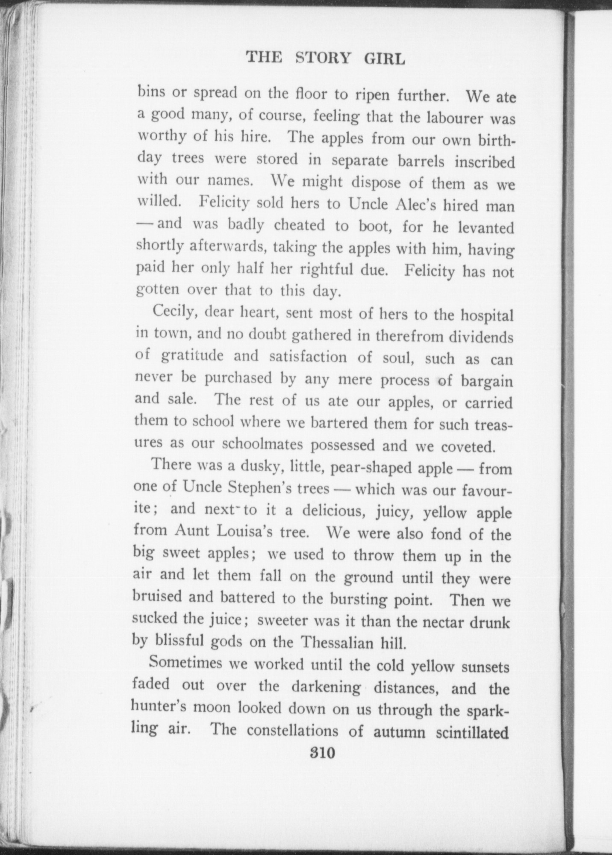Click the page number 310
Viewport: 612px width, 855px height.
coord(323,752)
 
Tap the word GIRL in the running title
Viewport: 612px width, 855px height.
coord(385,59)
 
